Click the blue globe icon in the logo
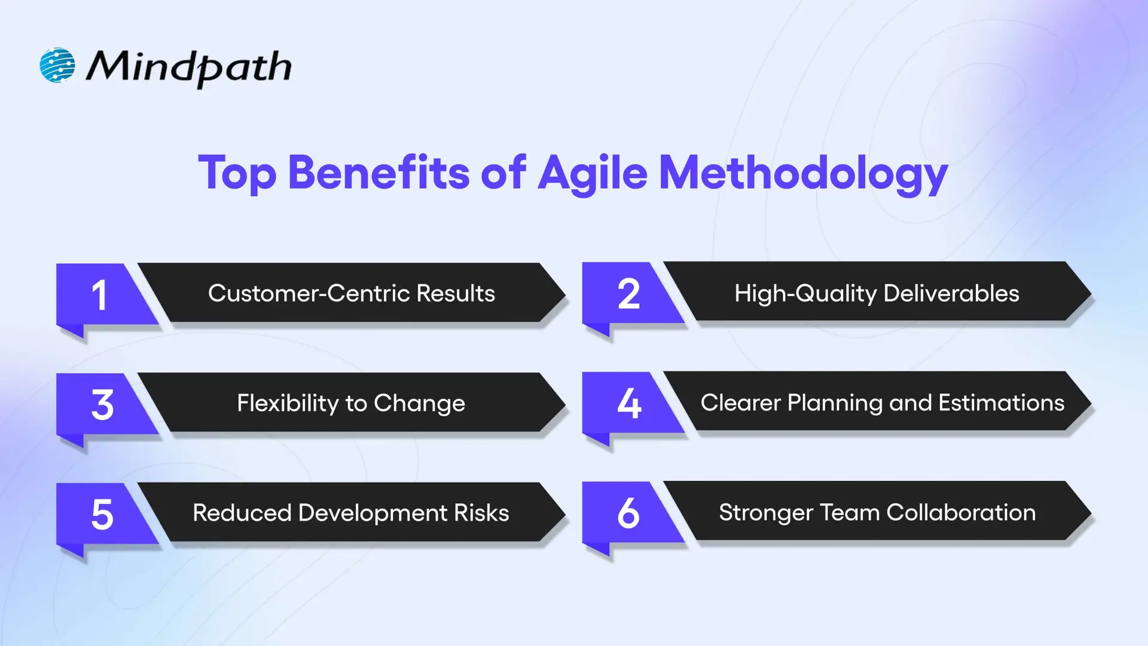pyautogui.click(x=57, y=65)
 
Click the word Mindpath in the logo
pyautogui.click(x=189, y=67)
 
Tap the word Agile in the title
pyautogui.click(x=592, y=173)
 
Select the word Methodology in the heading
pyautogui.click(x=803, y=173)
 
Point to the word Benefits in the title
pyautogui.click(x=378, y=173)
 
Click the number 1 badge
pyautogui.click(x=100, y=295)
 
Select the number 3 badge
pyautogui.click(x=102, y=405)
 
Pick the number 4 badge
pyautogui.click(x=628, y=403)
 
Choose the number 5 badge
pyautogui.click(x=102, y=514)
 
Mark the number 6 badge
pyautogui.click(x=628, y=513)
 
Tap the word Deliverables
pyautogui.click(x=951, y=294)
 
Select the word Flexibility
pyautogui.click(x=288, y=404)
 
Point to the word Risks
pyautogui.click(x=481, y=513)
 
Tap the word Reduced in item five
pyautogui.click(x=242, y=513)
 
